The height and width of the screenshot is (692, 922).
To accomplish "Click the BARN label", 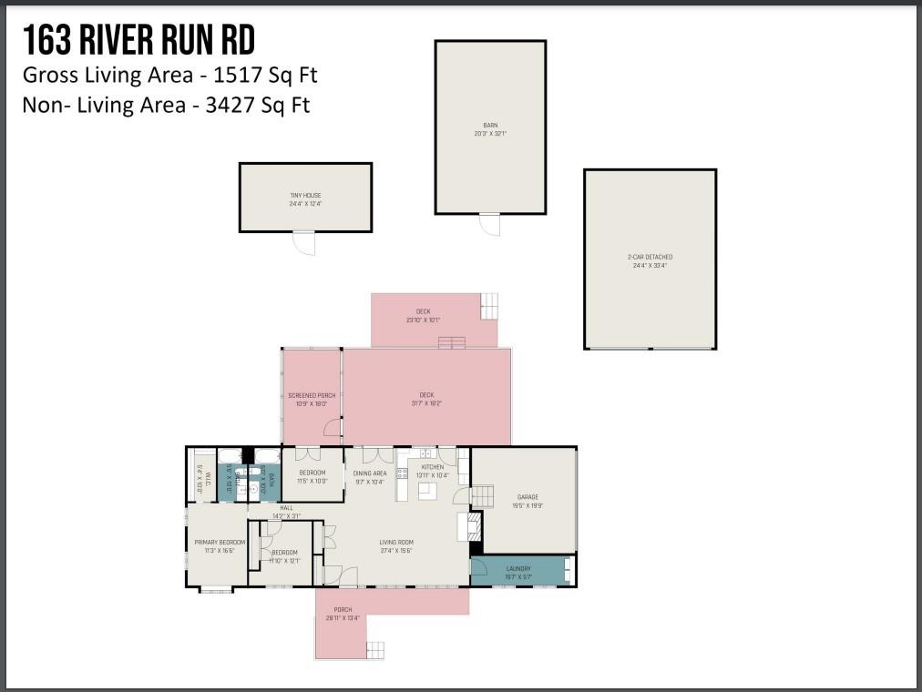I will [x=490, y=125].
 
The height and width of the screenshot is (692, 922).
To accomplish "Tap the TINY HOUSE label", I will [x=305, y=196].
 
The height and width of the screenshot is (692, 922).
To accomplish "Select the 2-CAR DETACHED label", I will [x=650, y=257].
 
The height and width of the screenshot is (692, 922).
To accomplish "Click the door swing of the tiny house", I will [x=304, y=242].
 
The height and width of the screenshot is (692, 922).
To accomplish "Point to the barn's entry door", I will [x=490, y=224].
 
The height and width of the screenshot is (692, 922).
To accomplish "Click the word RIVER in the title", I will [x=134, y=40].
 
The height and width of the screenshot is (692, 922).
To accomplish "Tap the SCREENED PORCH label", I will [x=312, y=395].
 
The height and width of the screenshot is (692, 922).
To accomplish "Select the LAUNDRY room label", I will [x=518, y=569].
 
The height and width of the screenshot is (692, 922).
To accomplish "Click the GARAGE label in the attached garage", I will [x=528, y=497].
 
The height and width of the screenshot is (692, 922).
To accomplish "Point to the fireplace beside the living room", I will [x=474, y=525].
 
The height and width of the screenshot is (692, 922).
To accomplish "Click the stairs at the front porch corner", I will [x=375, y=649].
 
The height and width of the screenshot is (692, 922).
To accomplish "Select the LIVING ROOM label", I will [x=396, y=543].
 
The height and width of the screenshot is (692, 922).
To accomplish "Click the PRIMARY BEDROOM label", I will [x=219, y=543].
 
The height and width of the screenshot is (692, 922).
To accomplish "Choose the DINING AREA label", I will [x=370, y=473].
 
